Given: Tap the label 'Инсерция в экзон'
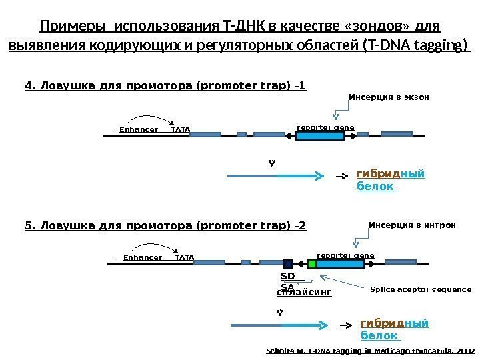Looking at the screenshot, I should point(389,97).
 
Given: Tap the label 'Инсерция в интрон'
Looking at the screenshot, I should point(412,225).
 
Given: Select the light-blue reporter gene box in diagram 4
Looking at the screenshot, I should point(320,135).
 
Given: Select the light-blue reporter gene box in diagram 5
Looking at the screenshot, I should point(340,263).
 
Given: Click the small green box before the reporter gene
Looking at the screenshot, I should point(312,263).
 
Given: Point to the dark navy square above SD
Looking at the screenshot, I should point(288,263).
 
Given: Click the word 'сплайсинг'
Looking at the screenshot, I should point(303,291).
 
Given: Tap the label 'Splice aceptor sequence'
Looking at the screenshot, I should point(420,290).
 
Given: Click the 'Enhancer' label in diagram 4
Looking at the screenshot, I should point(139,129).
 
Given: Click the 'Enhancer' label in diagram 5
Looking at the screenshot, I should point(143,257).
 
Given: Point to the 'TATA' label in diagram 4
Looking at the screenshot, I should point(181,129).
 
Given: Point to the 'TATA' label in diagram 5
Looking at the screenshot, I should point(184,257).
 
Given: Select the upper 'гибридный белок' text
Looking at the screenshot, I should point(391,180).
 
